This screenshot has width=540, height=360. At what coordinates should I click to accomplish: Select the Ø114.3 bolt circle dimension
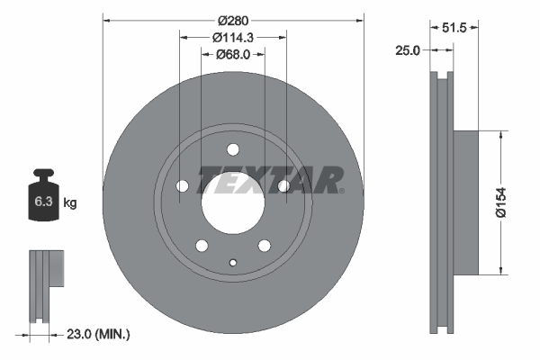click(233, 37)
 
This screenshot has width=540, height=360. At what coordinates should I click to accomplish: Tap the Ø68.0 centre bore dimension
click(233, 55)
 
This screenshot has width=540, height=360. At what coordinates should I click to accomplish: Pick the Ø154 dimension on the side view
click(509, 201)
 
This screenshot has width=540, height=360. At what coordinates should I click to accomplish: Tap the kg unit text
click(70, 203)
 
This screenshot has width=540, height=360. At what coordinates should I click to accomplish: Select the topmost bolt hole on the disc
click(232, 149)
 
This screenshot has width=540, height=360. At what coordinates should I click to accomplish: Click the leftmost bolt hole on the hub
click(181, 186)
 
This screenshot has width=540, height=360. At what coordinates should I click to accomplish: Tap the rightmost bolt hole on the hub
click(284, 186)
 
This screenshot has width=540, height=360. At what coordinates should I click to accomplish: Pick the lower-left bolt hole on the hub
click(201, 246)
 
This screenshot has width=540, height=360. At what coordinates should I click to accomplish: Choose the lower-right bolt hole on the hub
click(265, 246)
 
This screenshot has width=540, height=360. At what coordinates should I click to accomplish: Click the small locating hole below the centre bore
click(232, 263)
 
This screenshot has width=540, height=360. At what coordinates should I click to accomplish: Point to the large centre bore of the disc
click(232, 203)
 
